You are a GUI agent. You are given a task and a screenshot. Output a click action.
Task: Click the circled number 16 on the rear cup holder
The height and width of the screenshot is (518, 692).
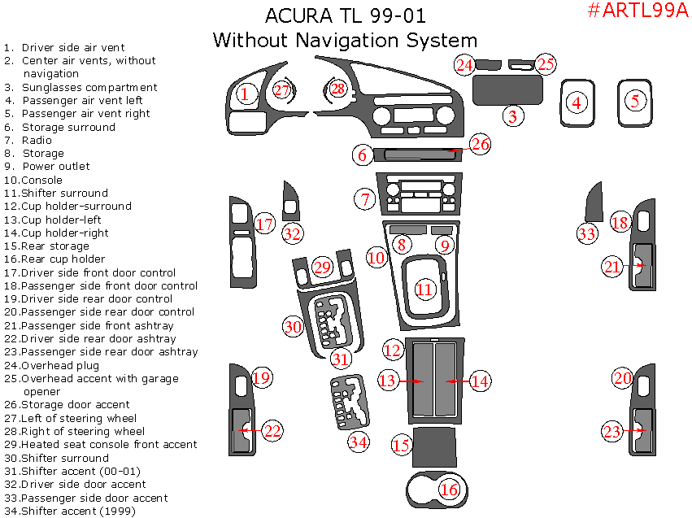[449, 489]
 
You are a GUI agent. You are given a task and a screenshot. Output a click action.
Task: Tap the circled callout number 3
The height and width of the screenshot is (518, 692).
[512, 116]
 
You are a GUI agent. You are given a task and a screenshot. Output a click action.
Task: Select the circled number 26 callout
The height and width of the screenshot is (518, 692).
[481, 144]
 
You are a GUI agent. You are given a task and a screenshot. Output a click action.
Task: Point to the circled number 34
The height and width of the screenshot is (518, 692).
[359, 442]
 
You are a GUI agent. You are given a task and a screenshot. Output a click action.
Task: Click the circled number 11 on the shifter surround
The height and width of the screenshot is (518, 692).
[424, 289]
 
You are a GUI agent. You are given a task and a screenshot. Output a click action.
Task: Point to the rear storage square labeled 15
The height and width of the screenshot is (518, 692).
[434, 446]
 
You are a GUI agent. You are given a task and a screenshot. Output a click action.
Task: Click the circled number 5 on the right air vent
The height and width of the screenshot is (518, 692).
[635, 101]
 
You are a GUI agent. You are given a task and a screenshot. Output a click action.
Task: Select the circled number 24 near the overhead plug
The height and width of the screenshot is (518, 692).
[464, 64]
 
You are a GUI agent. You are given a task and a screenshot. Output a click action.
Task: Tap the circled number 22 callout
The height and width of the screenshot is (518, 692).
[273, 431]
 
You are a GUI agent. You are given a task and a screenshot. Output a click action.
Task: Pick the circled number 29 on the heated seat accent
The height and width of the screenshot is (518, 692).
[323, 267]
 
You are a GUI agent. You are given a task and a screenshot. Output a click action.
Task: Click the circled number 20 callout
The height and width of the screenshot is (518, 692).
[622, 378]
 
